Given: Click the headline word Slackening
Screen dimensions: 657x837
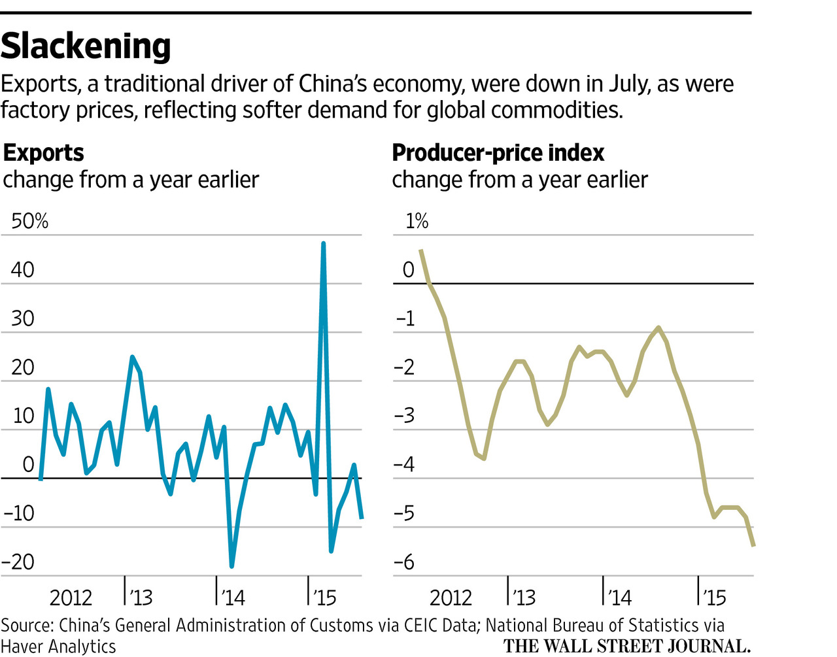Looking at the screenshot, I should point(86,46).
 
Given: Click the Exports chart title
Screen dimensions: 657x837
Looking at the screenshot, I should point(44,153).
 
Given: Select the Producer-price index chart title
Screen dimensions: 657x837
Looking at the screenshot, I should point(498,153).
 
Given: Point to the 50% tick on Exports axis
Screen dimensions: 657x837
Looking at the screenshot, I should point(30,221).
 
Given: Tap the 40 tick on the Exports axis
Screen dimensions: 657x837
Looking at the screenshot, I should point(22,269).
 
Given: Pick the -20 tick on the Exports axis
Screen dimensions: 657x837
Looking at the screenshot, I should point(19,562).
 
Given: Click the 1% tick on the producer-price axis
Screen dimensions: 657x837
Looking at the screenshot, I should point(417,221).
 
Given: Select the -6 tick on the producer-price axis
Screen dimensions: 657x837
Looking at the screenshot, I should point(405,562).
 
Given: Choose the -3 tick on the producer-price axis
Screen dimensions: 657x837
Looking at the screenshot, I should point(405,416).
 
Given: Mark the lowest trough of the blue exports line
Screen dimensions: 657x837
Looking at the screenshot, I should point(231,566).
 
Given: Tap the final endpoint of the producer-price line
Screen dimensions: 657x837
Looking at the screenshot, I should point(753,545).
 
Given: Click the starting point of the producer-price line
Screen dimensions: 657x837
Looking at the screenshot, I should point(420,250).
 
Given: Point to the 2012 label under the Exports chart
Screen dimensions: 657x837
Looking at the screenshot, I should point(71,598).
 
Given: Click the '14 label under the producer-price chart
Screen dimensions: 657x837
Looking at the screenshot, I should point(619,598).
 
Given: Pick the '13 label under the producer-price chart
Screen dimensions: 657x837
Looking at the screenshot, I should point(524,598).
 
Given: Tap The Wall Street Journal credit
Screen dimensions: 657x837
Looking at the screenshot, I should point(626,646).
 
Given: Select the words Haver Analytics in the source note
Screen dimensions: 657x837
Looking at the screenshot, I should point(58,646).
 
